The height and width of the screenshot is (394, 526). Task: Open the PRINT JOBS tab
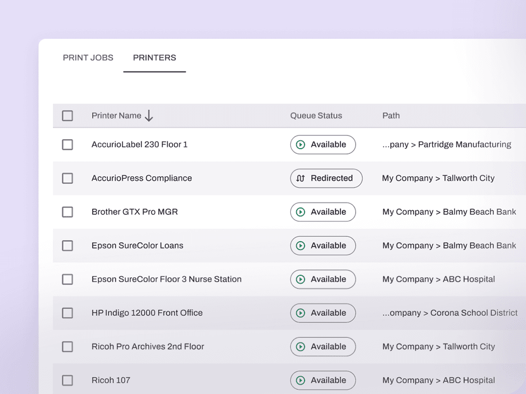point(88,58)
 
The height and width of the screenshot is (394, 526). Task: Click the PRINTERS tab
point(154,58)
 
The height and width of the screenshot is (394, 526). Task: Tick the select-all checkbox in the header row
point(67,116)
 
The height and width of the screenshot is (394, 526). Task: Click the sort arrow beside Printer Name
point(149,116)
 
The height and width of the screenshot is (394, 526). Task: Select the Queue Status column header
point(316,116)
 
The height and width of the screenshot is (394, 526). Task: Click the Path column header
point(391,116)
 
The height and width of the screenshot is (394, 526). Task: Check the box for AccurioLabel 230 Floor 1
point(67,145)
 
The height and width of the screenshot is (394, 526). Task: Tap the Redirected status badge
point(326,178)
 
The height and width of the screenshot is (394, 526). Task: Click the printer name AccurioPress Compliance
point(141,178)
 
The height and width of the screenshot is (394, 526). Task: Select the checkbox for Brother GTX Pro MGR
point(67,212)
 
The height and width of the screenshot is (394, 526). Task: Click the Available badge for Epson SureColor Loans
point(323,245)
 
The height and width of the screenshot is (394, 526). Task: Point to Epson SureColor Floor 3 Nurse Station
point(166,279)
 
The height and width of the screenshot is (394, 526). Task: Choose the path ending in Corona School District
point(450,313)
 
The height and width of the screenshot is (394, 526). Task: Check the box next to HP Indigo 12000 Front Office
point(67,313)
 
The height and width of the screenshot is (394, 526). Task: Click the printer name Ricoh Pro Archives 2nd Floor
point(148,346)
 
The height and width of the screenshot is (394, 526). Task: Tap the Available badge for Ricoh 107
point(323,380)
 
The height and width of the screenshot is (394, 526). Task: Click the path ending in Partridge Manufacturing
point(447,145)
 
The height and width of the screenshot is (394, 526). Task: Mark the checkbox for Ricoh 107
point(67,380)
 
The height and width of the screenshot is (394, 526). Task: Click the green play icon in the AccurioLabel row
point(300,145)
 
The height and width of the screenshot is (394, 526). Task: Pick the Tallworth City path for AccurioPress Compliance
point(438,178)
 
